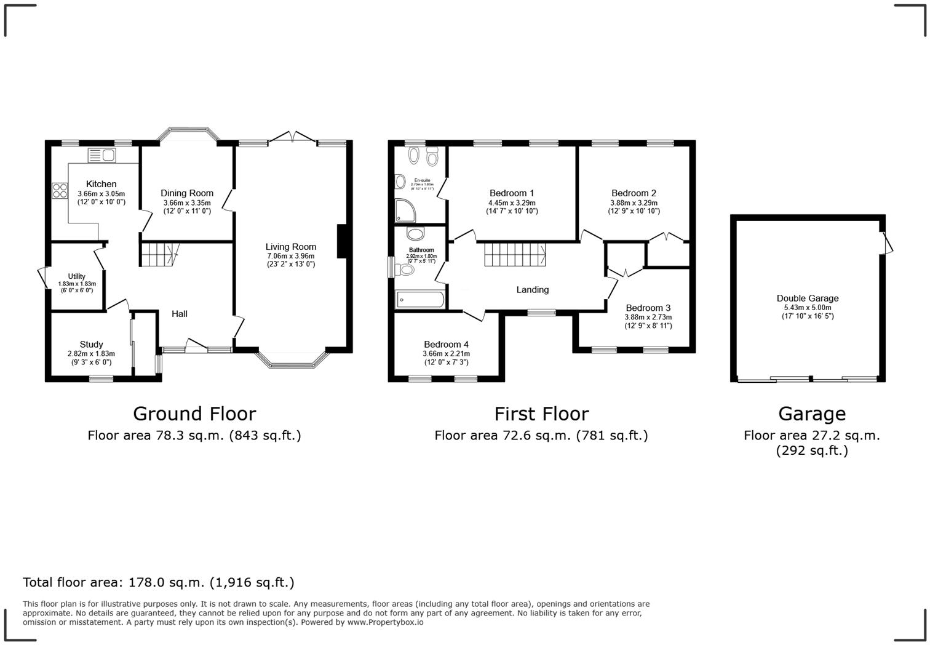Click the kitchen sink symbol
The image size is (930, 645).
pos(102,154)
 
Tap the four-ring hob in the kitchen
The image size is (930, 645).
pos(60,190)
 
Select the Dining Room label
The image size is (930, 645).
pos(187,193)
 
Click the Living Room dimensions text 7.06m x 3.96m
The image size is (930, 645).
pos(290,256)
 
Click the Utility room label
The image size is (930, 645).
pos(77,276)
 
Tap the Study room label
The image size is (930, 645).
pos(91,345)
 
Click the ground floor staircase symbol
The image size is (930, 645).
pos(159,254)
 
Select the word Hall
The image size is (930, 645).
pos(180,314)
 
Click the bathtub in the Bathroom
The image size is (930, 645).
pos(420,300)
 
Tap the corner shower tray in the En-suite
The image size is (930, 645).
pos(405,210)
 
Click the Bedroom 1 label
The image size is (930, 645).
pos(512,193)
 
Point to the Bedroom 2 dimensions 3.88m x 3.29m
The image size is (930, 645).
pos(634,202)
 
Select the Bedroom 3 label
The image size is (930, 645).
pos(648,308)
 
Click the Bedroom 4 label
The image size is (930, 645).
pos(446,345)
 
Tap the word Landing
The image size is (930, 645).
pos(533,290)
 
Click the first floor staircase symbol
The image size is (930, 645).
pos(515,254)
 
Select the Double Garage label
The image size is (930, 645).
pos(808,298)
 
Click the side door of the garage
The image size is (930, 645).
pos(888,242)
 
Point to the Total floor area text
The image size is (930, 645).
pos(159,582)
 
